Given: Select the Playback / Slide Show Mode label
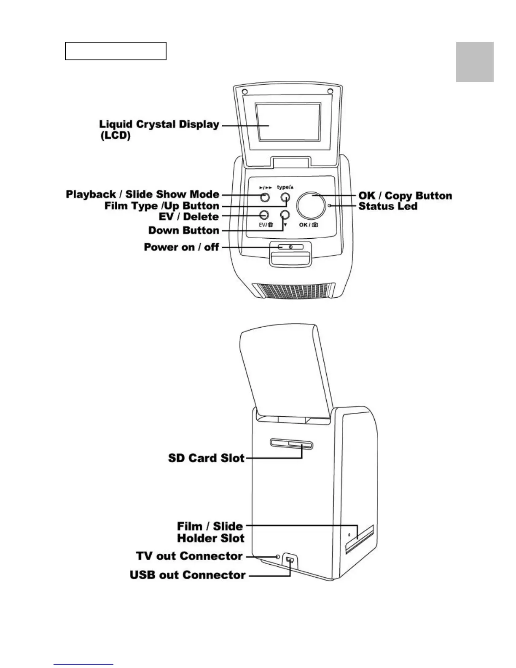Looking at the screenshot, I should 142,194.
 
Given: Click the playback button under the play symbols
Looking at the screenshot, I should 264,197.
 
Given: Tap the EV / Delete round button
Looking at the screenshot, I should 264,215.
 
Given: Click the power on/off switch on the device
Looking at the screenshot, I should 290,247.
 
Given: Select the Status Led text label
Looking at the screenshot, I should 388,206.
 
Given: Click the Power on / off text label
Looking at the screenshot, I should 181,247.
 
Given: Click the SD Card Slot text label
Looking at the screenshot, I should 206,458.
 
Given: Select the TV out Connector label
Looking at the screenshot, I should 189,556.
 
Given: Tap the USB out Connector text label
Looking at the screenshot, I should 188,575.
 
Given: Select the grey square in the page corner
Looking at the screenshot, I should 474,62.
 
